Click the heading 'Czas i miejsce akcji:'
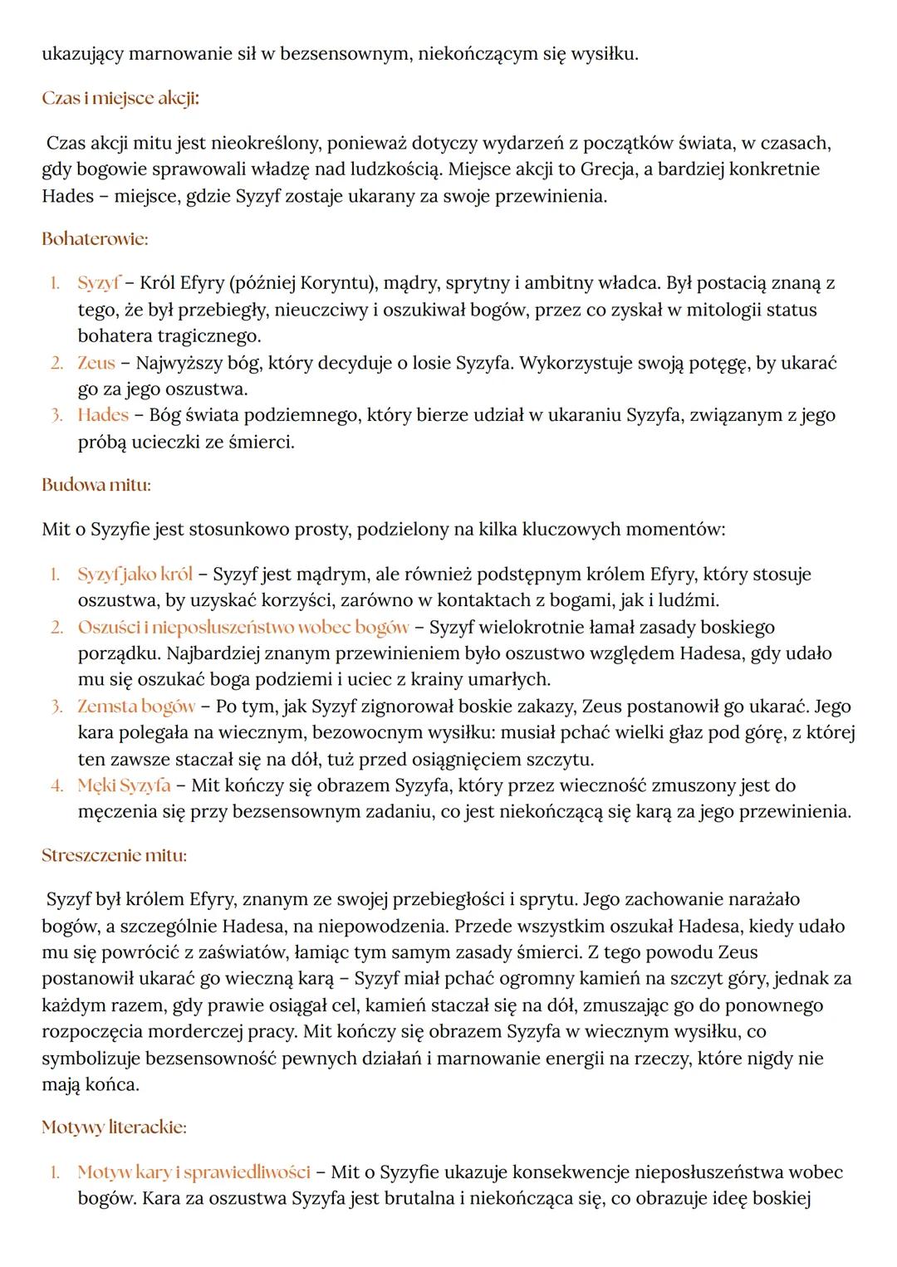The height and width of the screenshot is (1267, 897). [x=120, y=98]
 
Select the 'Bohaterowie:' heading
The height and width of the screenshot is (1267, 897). [x=95, y=239]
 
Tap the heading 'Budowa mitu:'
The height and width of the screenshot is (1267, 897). [x=96, y=484]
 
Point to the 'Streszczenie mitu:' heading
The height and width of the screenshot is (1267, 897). [x=114, y=854]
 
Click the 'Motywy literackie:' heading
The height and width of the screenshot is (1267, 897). [x=114, y=1127]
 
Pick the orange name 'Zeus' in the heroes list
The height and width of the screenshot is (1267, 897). [x=96, y=363]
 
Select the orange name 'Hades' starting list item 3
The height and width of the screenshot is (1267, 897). [x=103, y=415]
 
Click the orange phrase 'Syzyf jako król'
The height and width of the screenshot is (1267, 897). [x=135, y=574]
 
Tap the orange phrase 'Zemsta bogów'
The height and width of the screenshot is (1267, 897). [x=136, y=707]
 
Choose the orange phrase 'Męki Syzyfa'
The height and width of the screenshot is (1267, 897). [x=124, y=785]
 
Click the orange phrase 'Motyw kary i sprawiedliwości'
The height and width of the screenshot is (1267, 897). [x=194, y=1172]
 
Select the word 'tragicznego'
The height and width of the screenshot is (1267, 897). [x=210, y=336]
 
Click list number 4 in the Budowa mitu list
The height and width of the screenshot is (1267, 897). [x=56, y=785]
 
